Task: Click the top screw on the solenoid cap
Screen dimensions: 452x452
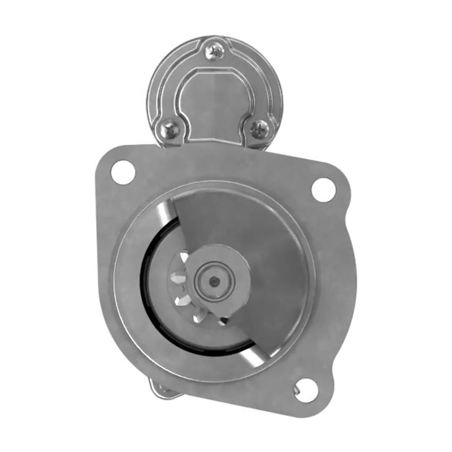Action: [216, 52]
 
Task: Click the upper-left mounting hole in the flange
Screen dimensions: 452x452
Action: [123, 171]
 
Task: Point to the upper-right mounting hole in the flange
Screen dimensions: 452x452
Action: [323, 189]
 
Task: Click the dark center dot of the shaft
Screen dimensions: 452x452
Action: [213, 281]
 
